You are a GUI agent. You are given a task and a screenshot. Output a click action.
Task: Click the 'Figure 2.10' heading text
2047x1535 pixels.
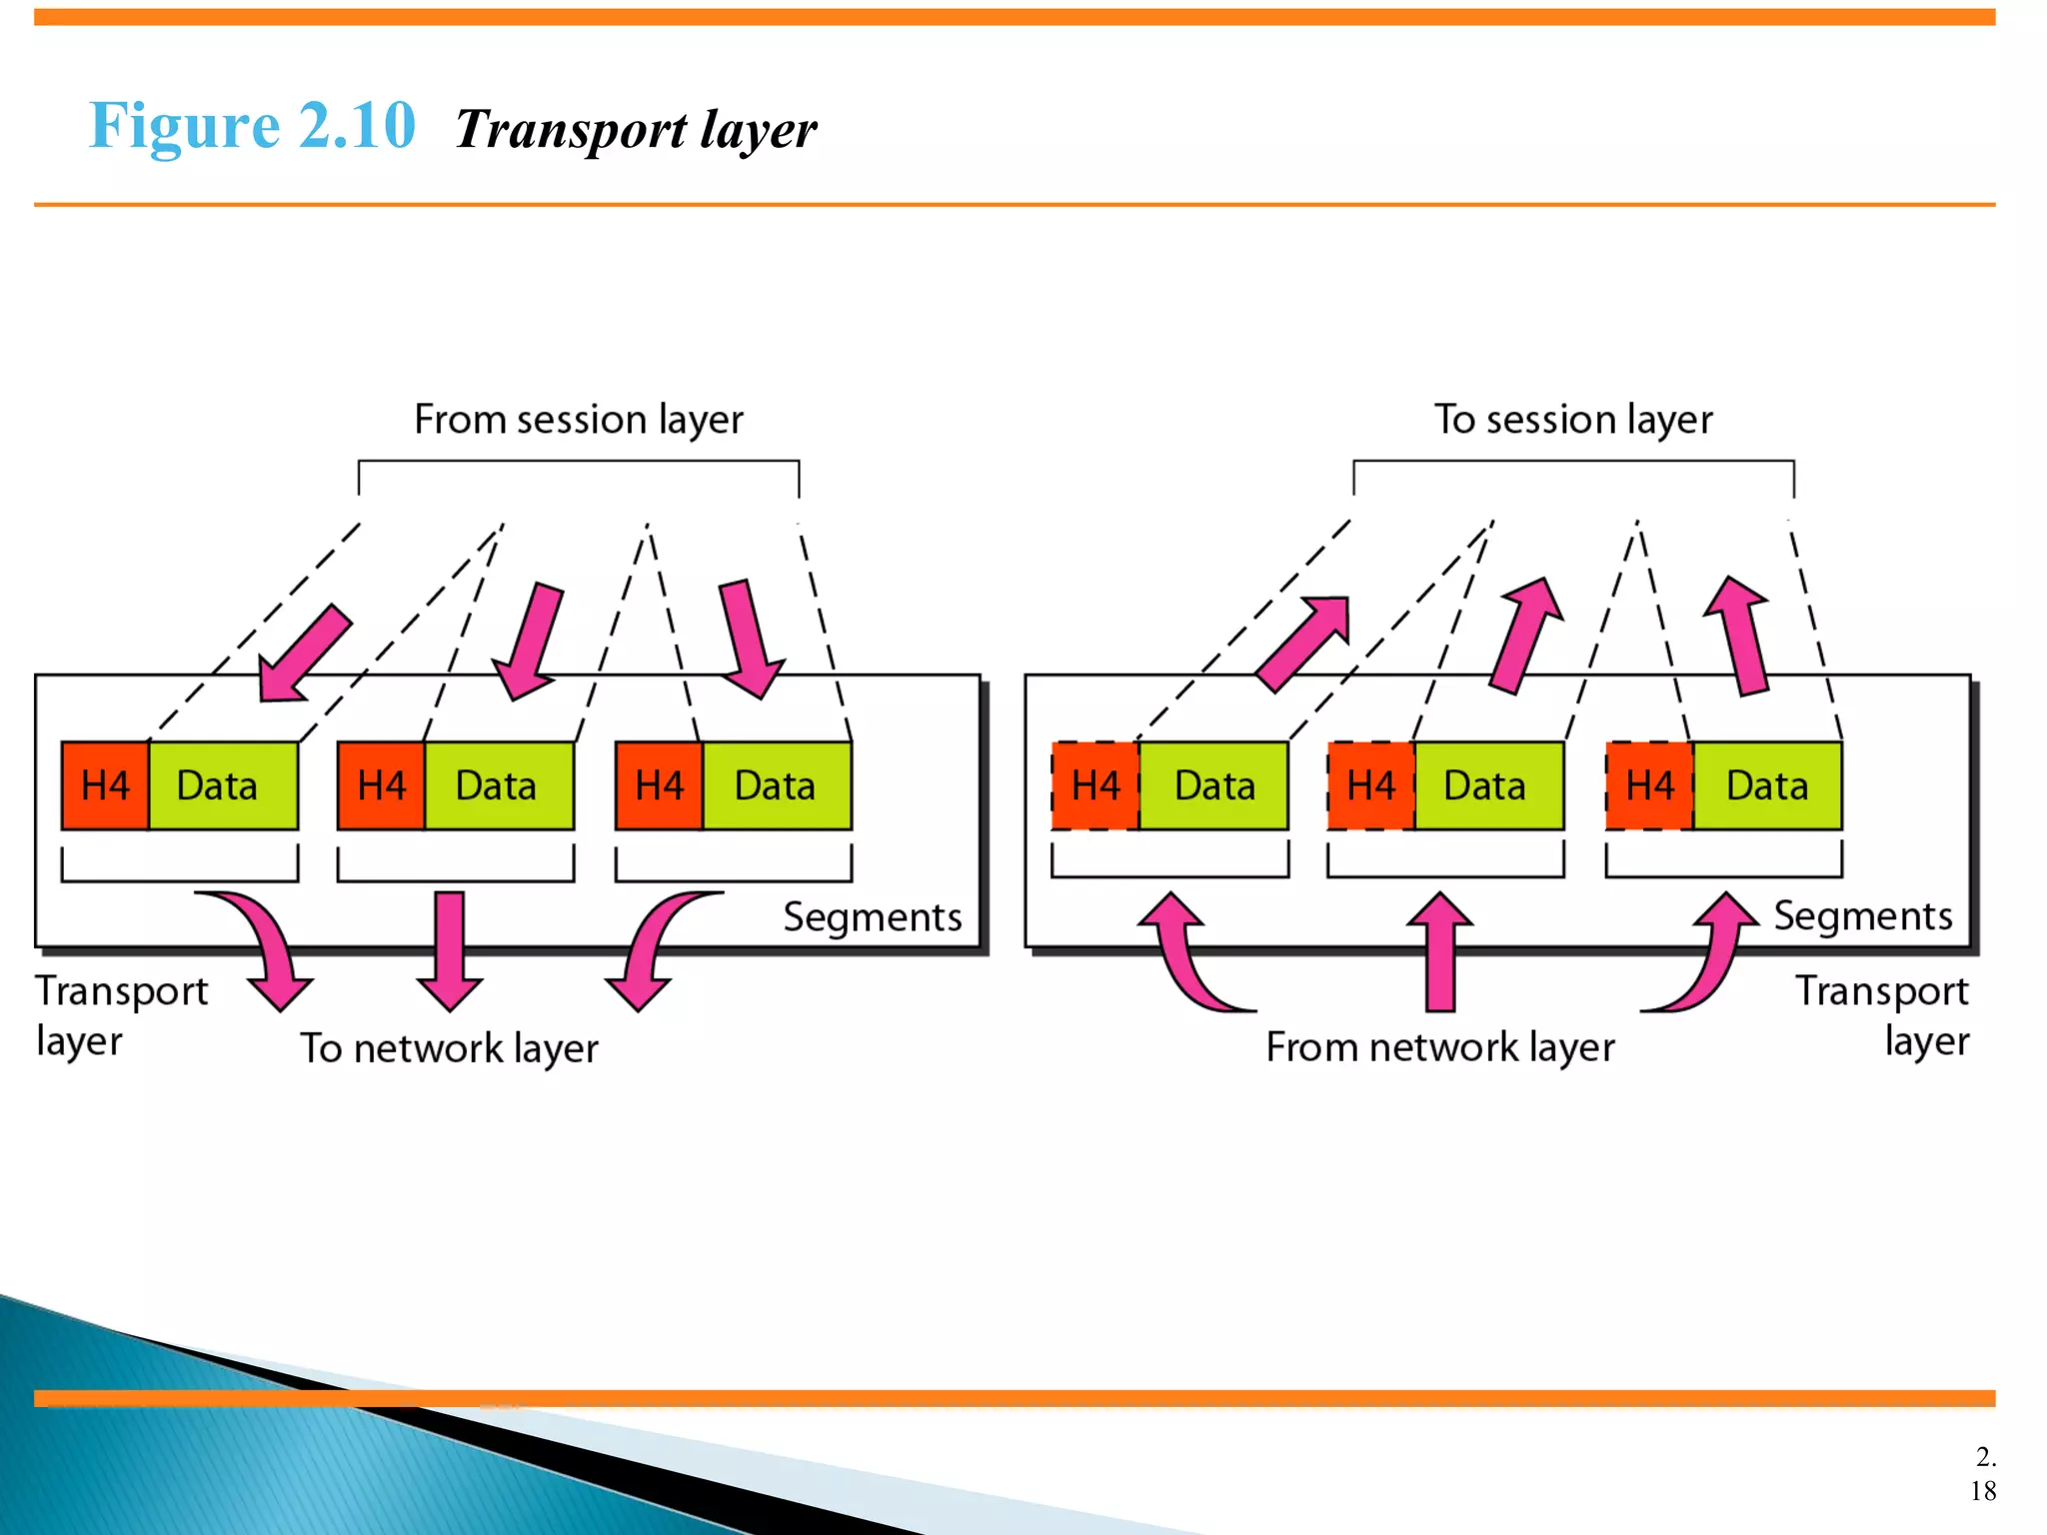251,126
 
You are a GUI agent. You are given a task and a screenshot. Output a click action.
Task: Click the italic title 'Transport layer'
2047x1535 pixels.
636,130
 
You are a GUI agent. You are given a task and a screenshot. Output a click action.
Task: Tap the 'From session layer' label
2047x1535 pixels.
579,420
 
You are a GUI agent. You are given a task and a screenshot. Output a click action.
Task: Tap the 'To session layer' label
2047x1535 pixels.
1573,420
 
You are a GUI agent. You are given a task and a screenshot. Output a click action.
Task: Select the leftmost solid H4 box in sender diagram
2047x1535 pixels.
105,785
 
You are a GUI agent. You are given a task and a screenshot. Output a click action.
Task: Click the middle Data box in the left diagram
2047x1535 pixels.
498,785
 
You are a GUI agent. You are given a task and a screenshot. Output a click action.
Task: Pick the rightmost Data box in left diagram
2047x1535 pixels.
776,785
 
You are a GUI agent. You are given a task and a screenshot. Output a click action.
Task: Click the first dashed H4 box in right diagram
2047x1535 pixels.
1095,785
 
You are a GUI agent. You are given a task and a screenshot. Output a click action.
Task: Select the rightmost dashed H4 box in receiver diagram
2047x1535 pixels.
1649,785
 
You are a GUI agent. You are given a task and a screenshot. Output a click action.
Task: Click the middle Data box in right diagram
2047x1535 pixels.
1487,785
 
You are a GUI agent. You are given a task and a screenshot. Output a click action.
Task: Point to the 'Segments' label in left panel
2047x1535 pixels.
872,917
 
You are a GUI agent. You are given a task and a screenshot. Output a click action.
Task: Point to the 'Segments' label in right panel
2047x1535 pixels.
1862,916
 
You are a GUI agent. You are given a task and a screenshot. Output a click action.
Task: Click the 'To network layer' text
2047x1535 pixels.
450,1048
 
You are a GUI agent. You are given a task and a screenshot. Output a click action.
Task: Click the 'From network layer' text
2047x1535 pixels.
1439,1047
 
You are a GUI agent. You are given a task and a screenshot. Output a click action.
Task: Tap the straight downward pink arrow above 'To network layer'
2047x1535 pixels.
450,949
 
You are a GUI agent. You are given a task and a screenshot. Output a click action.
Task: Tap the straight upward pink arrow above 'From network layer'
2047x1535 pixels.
1439,949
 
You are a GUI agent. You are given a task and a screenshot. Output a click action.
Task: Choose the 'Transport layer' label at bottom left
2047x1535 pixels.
121,1015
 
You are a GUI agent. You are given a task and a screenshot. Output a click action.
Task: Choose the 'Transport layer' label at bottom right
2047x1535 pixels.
1882,1015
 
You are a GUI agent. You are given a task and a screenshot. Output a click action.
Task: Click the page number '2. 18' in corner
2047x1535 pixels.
1983,1474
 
